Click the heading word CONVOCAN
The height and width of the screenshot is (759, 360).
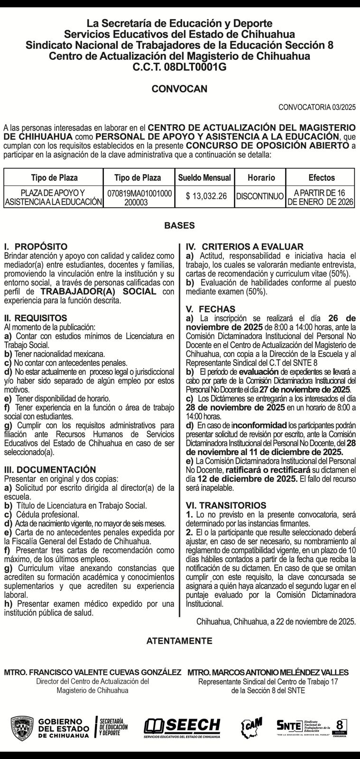pos(179,89)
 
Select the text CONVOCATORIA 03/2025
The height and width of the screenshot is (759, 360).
pos(317,107)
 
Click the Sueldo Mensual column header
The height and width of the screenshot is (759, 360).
pos(204,178)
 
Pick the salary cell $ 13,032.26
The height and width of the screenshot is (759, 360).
pos(206,196)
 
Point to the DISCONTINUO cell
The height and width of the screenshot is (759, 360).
pos(260,196)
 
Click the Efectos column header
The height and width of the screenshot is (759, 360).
pos(322,178)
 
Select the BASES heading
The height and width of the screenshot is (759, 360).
pos(179,226)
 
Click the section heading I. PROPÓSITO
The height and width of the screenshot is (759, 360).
pos(36,247)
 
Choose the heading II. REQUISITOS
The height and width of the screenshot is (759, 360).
pos(36,318)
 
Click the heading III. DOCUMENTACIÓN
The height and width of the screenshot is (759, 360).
pos(50,470)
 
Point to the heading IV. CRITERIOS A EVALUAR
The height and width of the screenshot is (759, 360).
pos(244,247)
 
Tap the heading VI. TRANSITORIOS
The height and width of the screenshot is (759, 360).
pos(226,506)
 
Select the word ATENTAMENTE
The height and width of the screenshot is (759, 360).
pos(179,641)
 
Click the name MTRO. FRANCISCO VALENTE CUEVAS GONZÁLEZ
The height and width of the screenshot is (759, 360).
pos(92,672)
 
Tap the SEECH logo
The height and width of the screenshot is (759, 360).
pos(183,726)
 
